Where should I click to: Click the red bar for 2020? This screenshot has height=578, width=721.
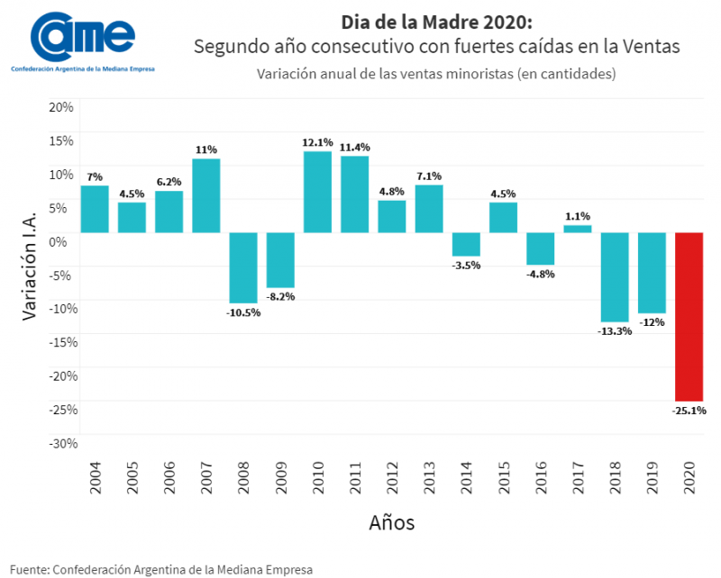point(689,316)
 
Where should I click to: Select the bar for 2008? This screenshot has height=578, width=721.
point(243,267)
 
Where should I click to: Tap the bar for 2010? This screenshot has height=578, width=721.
point(317,192)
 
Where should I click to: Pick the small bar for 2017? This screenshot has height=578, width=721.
point(578,229)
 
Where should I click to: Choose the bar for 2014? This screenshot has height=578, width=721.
point(466,244)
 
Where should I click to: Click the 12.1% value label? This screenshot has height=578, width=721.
point(318,142)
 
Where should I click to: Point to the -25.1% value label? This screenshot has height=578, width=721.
point(689,411)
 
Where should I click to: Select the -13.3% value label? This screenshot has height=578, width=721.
point(615,330)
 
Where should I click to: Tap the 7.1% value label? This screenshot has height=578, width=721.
point(429,176)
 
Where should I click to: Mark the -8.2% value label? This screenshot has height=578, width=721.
point(280,296)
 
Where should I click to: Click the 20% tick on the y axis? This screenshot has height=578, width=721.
point(60,107)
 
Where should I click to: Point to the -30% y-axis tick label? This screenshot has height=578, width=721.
point(59,443)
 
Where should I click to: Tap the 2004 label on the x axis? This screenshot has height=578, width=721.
point(96,477)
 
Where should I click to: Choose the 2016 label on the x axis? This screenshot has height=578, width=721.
point(541,477)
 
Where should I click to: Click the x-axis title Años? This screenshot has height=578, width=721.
point(392,522)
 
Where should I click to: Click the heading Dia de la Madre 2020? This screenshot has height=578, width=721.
point(424,21)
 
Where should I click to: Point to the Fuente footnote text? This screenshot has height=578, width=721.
point(162,569)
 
